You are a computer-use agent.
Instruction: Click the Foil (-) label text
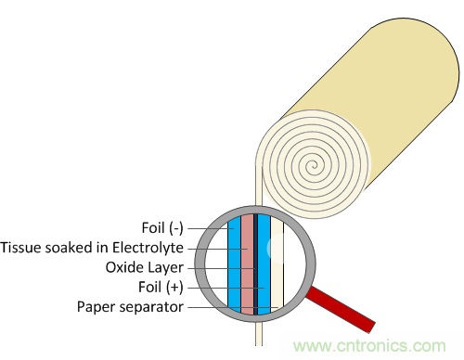[x=162, y=228]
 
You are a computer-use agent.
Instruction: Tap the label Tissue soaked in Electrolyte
[x=92, y=248]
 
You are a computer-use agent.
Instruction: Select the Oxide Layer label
[x=145, y=268]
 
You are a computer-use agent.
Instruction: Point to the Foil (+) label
[x=161, y=287]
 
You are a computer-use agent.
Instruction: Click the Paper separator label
[x=130, y=307]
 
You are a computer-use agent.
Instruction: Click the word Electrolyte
[x=148, y=248]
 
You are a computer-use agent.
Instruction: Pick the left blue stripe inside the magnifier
[x=234, y=264]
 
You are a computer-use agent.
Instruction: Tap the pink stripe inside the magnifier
[x=247, y=264]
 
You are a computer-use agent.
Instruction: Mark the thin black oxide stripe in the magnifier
[x=255, y=264]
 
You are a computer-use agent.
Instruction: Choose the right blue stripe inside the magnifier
[x=264, y=264]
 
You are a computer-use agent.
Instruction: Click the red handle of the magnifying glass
[x=341, y=310]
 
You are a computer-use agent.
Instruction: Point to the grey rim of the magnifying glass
[x=200, y=264]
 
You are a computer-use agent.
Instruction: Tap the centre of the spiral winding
[x=313, y=165]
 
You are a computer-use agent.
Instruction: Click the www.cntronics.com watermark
[x=369, y=345]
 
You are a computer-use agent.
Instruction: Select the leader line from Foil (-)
[x=211, y=229]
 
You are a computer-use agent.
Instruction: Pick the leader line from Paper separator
[x=233, y=307]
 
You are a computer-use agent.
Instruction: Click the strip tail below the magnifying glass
[x=259, y=334]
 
